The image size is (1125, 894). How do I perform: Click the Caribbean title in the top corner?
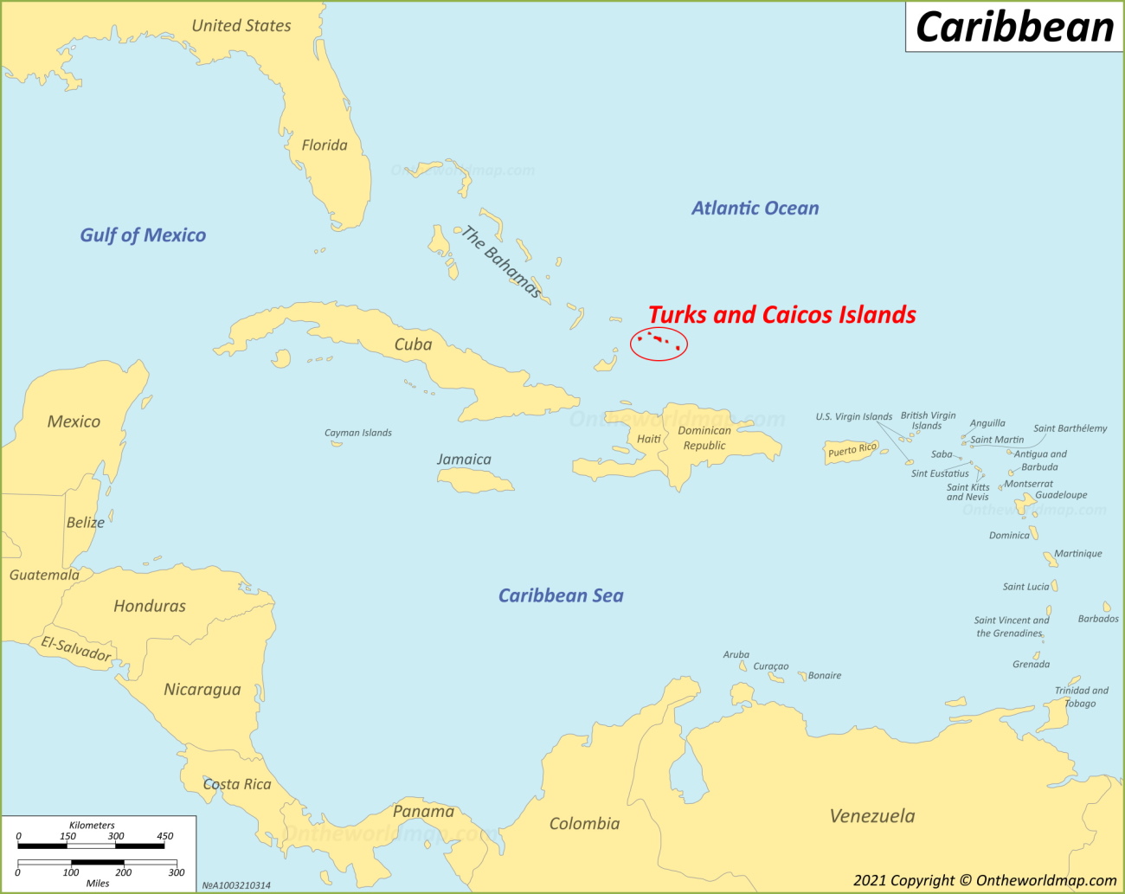coord(1014,27)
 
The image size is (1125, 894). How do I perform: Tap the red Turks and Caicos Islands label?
coord(781,315)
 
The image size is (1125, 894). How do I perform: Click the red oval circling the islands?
coord(659,344)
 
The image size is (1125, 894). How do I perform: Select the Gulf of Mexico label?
coord(143,235)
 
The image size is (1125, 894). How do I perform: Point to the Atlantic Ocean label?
coord(755,209)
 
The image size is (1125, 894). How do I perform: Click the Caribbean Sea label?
coord(561,595)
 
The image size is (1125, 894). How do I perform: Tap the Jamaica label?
coord(464,460)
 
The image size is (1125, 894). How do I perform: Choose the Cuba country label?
coord(413,344)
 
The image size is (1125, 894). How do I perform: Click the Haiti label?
coord(649,439)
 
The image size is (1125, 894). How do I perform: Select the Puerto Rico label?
coord(852,450)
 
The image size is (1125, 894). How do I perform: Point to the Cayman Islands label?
coord(357,433)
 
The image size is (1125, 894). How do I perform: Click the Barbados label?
coord(1098,619)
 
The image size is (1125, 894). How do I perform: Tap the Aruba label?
coord(736,655)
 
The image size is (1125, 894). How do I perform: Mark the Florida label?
coord(325,145)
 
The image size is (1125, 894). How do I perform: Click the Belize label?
coord(86,523)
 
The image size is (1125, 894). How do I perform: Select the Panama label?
coord(423,812)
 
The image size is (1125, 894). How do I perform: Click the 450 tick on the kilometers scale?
coord(164,836)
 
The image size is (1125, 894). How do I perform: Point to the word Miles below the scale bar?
coord(98,883)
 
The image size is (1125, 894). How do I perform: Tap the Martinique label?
coord(1078,554)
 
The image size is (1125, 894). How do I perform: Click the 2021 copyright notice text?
coord(985,880)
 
